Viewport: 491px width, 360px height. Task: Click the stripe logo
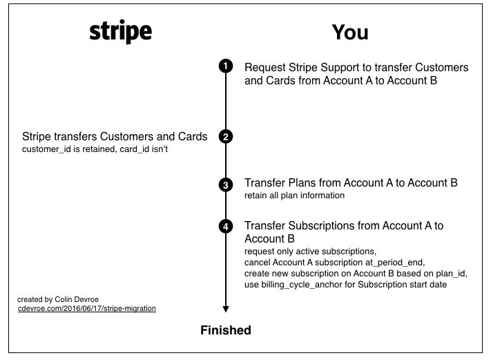coord(120,33)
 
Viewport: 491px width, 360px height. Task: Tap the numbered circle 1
coord(225,66)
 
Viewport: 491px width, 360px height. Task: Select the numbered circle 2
coord(225,137)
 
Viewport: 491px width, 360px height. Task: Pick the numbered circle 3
coord(225,184)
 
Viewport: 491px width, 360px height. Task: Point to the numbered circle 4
coord(225,226)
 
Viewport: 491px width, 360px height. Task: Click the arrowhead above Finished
coord(225,309)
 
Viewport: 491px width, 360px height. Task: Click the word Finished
coord(225,330)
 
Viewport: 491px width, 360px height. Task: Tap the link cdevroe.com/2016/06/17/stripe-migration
coord(86,308)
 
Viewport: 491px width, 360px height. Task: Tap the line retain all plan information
coord(294,196)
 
